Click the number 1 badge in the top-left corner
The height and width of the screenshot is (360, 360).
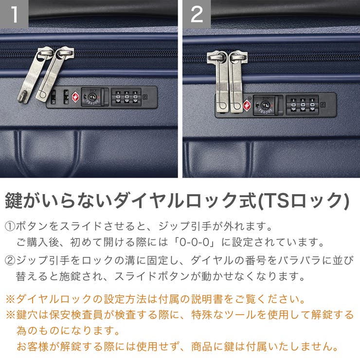point(14,14)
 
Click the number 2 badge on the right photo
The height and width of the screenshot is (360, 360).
point(197,14)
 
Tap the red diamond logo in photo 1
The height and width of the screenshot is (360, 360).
point(75,96)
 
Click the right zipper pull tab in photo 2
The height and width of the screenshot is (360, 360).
point(238,83)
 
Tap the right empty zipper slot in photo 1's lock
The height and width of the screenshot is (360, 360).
point(65,96)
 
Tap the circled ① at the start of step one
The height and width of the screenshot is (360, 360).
point(10,227)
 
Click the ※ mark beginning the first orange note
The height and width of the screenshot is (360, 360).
point(10,298)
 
